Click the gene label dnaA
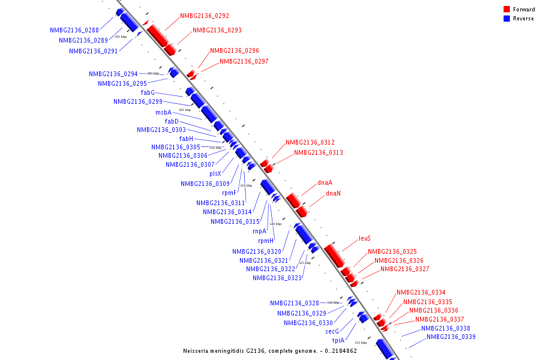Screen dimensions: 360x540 325,182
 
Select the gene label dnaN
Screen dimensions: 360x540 333,194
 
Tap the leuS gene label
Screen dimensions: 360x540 365,239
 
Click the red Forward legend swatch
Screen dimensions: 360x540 507,10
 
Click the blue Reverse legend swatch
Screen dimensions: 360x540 507,19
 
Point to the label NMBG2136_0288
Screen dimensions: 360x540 74,30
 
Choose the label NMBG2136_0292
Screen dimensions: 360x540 205,16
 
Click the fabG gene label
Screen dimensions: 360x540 148,92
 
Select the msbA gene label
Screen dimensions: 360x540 163,112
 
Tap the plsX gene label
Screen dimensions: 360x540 215,173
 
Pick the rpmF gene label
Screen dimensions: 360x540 229,193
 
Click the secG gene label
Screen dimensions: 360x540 332,331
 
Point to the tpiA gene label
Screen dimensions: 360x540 338,340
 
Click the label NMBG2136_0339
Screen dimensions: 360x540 451,337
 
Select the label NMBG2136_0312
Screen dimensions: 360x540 310,143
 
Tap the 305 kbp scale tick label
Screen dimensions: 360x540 185,110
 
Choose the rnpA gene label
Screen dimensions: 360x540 259,231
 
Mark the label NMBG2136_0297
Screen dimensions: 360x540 244,61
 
